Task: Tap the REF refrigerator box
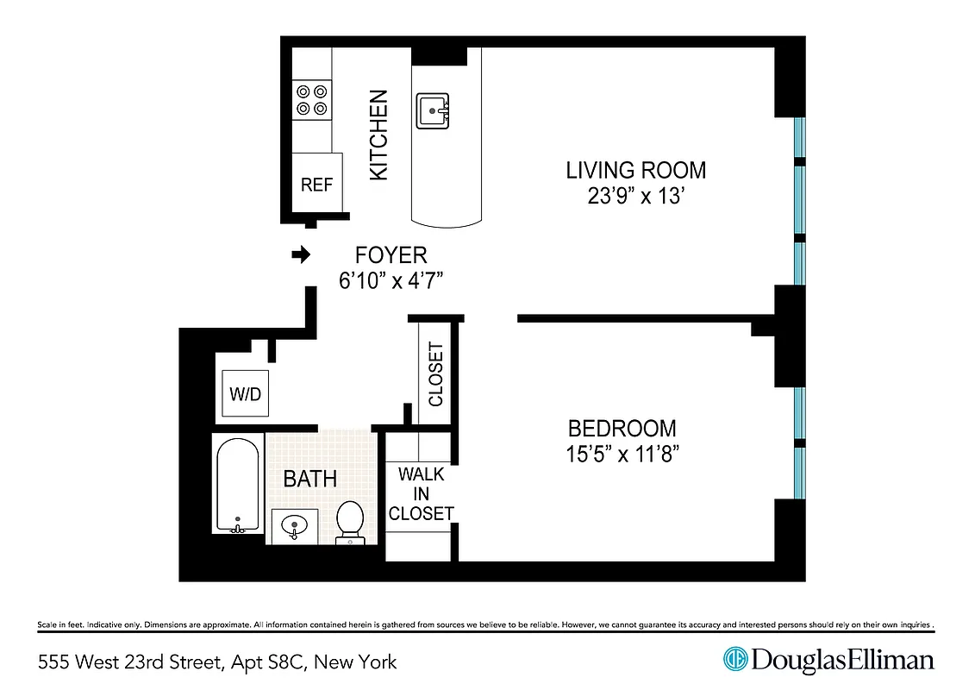coord(316,183)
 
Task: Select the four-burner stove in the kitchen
coord(312,99)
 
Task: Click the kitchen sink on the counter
coord(433,111)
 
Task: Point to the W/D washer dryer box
coord(245,394)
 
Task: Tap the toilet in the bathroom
coord(349,522)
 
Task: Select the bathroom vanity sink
coord(294,525)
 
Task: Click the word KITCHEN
coord(378,135)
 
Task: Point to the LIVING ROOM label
coord(635,170)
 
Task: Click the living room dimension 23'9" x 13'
coord(635,197)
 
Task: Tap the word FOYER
coord(391,255)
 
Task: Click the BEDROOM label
coord(622,428)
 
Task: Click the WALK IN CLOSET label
coord(421,494)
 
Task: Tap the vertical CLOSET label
coord(435,375)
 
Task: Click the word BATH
coord(309,479)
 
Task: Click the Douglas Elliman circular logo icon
coord(734,660)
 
